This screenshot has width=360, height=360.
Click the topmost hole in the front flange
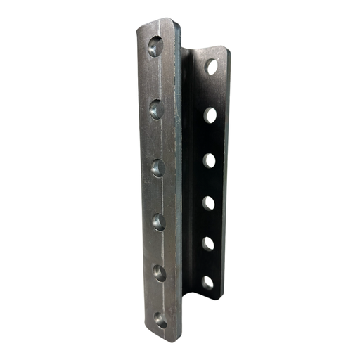155,47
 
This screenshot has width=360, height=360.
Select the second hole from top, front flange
157,108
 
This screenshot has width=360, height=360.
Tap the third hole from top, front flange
158,167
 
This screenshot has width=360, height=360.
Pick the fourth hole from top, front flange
159,222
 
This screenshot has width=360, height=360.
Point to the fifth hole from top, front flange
160,273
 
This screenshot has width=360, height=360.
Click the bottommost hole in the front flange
161,320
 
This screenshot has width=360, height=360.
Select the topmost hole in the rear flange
212,67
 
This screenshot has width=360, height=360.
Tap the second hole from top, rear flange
210,115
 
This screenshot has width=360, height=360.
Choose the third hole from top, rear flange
210,160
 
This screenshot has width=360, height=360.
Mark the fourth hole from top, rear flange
209,203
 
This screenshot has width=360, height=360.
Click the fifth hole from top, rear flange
208,243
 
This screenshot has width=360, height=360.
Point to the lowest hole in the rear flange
207,283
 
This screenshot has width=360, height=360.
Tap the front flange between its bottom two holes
160,297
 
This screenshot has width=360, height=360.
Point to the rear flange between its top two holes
211,91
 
